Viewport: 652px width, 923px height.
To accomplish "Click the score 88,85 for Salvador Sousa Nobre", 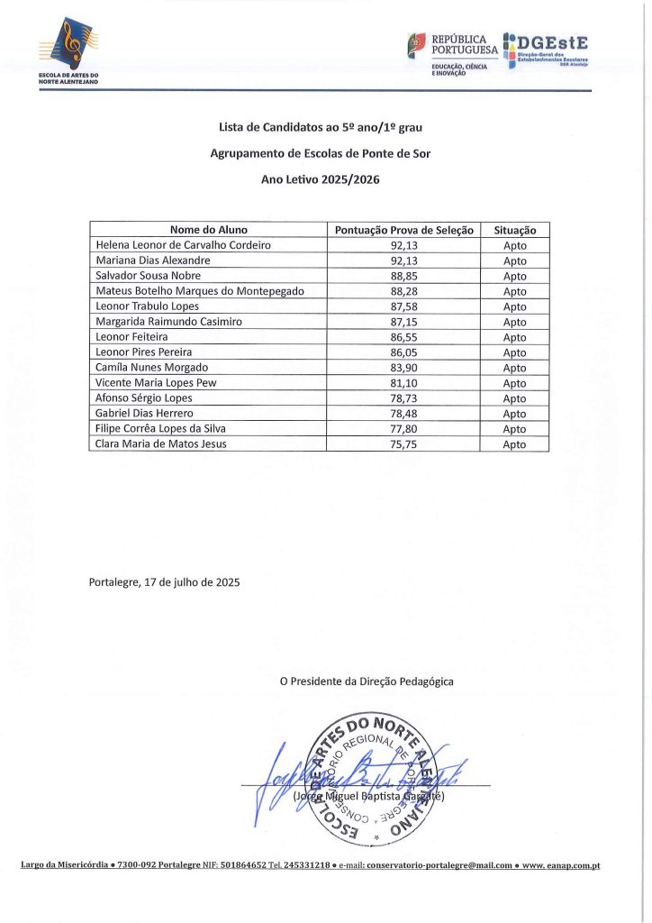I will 403,276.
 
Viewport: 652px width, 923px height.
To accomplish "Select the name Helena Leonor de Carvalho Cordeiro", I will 183,245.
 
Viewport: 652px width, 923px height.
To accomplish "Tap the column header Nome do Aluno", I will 208,230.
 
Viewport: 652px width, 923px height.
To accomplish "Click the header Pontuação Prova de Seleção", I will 403,230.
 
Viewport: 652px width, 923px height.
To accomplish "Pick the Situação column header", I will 515,230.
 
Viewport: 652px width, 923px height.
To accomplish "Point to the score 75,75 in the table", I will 403,444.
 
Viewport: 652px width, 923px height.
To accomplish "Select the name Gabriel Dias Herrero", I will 144,414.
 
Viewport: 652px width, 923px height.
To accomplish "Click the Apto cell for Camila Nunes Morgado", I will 515,368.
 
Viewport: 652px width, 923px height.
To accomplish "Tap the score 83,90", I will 403,368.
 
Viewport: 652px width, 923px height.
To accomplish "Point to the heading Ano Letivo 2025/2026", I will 321,179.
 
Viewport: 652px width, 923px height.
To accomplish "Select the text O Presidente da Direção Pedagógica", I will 367,682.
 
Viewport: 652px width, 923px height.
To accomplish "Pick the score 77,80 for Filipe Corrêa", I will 403,429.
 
